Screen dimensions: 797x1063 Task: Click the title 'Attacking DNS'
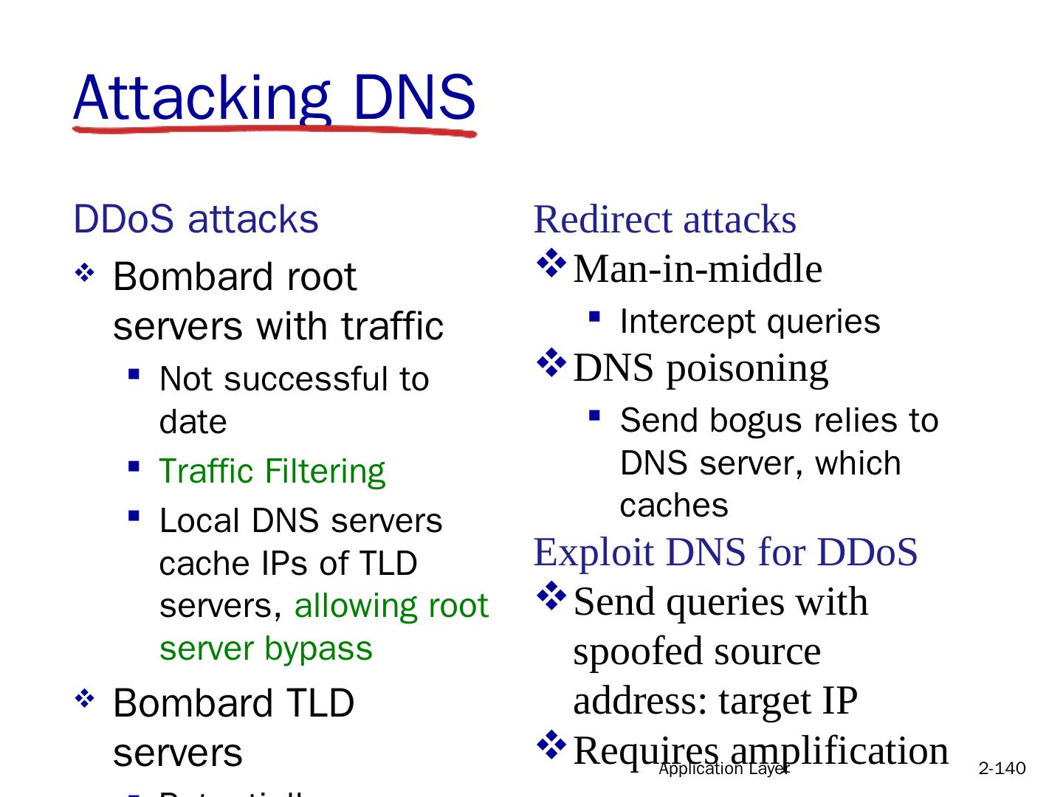(x=274, y=97)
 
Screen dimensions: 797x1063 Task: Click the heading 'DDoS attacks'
(x=196, y=219)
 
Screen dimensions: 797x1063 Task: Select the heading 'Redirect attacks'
(x=664, y=220)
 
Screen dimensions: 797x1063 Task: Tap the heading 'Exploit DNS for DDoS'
(x=725, y=552)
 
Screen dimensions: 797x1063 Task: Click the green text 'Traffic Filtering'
(x=272, y=472)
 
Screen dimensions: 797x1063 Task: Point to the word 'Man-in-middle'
(x=697, y=269)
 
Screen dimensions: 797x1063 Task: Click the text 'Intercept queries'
(x=749, y=322)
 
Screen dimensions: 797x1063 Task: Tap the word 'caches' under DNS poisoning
(x=673, y=506)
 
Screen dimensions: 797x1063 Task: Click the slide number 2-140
(x=1001, y=769)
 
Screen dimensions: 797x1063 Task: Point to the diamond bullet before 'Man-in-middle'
(x=551, y=263)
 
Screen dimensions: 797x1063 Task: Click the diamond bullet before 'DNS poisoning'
(x=551, y=362)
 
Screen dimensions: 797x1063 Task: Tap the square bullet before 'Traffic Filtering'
(x=134, y=466)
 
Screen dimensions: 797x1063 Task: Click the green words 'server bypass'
(x=266, y=649)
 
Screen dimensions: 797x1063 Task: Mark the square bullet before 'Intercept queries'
(x=594, y=317)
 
